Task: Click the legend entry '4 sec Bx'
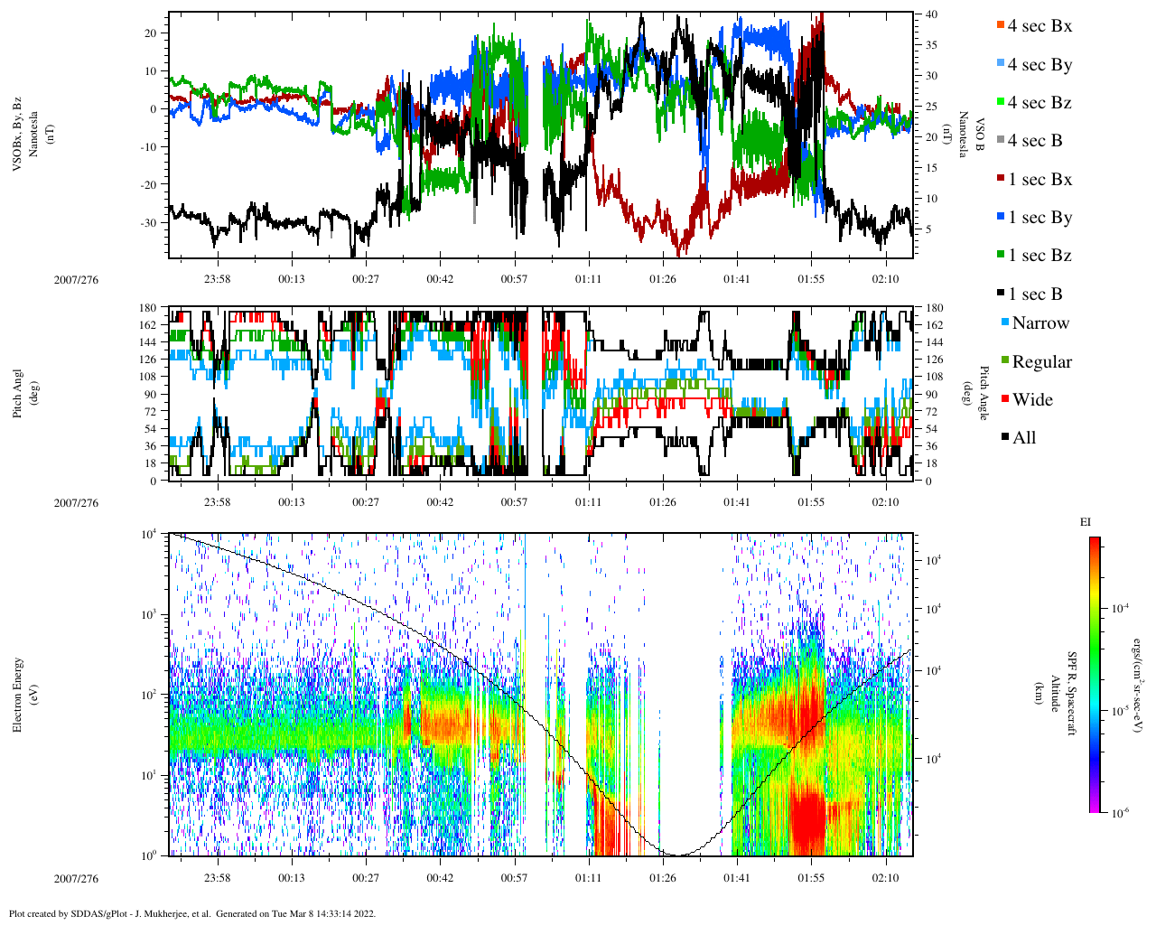coord(1039,26)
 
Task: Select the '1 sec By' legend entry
coord(1039,218)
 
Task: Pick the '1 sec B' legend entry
coord(1035,294)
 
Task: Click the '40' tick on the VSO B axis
coord(930,14)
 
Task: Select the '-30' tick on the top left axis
coord(150,222)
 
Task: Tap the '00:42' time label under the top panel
coord(440,279)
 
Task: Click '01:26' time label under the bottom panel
coord(662,878)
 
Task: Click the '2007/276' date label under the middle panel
coord(76,503)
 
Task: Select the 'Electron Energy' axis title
coord(18,694)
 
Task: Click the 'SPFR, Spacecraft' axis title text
coord(1073,694)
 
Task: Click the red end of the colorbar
coord(1094,543)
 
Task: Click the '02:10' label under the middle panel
coord(885,502)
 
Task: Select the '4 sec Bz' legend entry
coord(1039,103)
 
